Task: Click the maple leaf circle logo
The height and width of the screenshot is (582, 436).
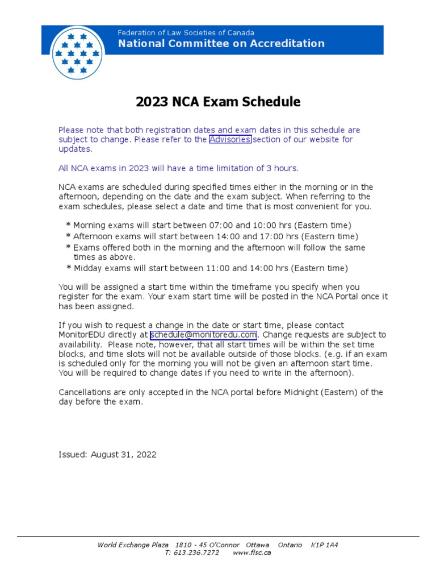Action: (78, 53)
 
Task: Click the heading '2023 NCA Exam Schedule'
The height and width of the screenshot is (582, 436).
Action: (218, 102)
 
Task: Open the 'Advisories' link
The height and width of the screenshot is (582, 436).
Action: (230, 139)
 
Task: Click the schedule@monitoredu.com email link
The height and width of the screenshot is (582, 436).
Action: (203, 335)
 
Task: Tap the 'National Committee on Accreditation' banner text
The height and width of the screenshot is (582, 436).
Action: (221, 44)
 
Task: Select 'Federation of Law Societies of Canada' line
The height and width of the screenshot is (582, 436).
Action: (186, 33)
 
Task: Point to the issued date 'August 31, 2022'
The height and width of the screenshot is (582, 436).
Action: (124, 455)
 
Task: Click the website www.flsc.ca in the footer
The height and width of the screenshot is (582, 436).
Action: (251, 553)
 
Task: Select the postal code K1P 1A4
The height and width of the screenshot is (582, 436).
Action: (324, 544)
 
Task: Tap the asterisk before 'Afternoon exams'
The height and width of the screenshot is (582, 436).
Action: (68, 236)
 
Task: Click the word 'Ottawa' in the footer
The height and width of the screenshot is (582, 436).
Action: (257, 544)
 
